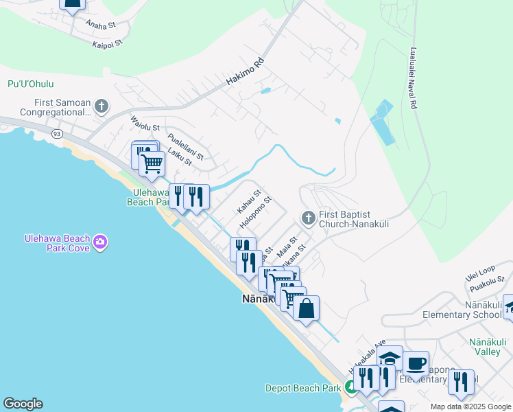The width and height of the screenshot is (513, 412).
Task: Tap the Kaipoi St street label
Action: tap(106, 43)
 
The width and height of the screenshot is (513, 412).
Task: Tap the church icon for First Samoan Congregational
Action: tap(102, 106)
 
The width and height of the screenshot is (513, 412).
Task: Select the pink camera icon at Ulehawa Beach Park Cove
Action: tap(100, 242)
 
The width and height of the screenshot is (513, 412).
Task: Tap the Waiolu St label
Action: tap(145, 126)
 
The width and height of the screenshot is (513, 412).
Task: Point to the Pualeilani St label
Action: tap(186, 146)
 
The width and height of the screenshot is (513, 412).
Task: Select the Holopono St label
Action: tap(256, 213)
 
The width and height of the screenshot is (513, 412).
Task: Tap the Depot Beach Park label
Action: tap(303, 388)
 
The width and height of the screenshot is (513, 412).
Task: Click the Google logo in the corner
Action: tap(23, 404)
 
